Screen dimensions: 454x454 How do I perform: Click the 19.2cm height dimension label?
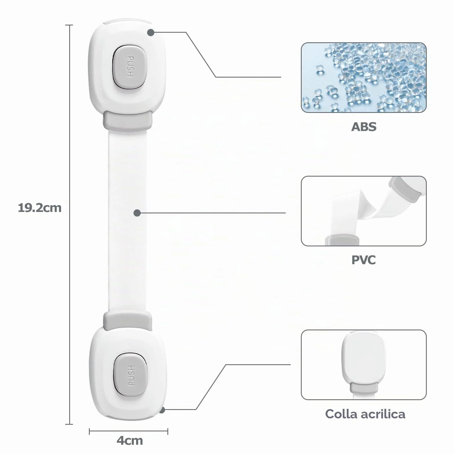click(40, 208)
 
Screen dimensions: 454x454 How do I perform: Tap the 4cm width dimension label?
click(130, 440)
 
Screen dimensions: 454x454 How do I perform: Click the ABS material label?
click(364, 127)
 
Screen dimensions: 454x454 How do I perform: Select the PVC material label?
click(364, 260)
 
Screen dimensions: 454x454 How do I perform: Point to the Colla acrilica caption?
click(365, 414)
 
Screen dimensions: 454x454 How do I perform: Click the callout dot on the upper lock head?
click(151, 32)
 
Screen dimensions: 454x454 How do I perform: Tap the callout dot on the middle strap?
click(137, 213)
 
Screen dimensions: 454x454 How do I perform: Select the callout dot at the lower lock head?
click(162, 410)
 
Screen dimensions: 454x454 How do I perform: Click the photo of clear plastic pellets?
click(364, 78)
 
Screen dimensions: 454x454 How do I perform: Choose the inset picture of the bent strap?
click(364, 211)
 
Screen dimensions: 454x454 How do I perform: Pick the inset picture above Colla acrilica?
click(364, 365)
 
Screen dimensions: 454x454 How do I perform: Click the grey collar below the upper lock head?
click(128, 120)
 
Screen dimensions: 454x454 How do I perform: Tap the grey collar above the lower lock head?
click(128, 321)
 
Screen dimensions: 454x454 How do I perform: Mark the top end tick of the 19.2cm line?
click(69, 25)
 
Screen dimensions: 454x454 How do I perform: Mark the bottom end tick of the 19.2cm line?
click(69, 424)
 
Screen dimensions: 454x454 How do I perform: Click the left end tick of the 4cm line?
click(89, 432)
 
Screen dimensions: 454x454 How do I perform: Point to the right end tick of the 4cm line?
click(168, 432)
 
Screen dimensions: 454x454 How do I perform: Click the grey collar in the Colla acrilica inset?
click(364, 388)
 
